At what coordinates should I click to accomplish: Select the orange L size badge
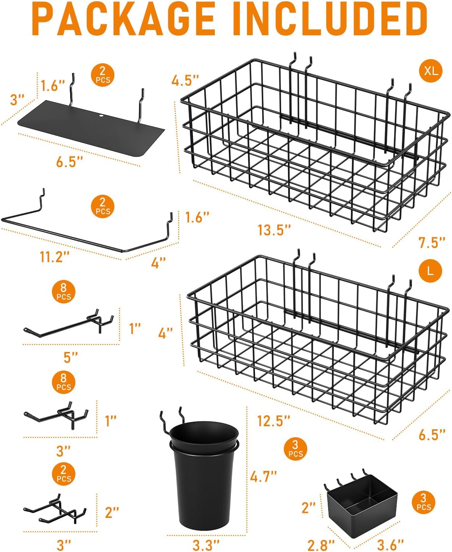click(x=430, y=271)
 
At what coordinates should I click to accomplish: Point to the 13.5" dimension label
click(x=274, y=230)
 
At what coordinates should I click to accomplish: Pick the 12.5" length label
click(x=274, y=421)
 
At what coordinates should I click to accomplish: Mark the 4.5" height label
click(x=185, y=80)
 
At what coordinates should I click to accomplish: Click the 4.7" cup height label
click(x=263, y=476)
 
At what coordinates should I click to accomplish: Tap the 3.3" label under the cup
click(x=206, y=545)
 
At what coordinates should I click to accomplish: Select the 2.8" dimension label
click(x=321, y=545)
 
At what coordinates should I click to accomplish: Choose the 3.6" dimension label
click(x=390, y=545)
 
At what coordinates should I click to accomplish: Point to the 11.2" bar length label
click(x=55, y=257)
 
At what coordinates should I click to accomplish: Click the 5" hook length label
click(x=70, y=357)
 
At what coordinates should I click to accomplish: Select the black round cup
click(x=204, y=477)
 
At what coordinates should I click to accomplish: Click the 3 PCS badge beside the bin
click(x=423, y=502)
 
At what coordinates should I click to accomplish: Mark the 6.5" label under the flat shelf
click(x=69, y=162)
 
